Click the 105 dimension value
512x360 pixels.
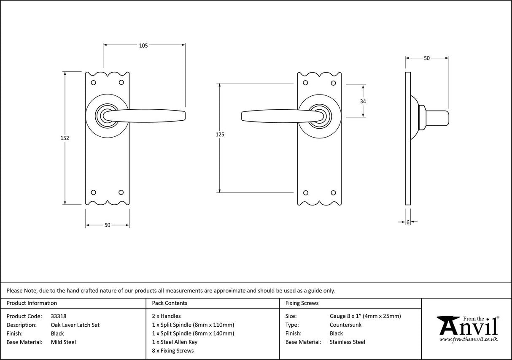[143, 46]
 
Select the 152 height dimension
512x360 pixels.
[65, 138]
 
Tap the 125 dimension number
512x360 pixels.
[219, 135]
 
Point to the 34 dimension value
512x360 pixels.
[363, 101]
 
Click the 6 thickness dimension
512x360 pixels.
[408, 222]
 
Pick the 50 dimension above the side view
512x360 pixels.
[426, 58]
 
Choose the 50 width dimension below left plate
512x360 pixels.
[107, 225]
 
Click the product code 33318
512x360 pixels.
[58, 316]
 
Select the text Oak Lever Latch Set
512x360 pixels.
[75, 325]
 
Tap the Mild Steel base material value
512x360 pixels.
[63, 342]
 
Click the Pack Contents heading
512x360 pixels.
[170, 303]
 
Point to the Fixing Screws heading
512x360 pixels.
[302, 303]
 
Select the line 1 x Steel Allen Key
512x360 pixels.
[175, 342]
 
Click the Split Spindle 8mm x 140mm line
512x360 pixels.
[193, 333]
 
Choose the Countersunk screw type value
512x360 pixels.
[345, 325]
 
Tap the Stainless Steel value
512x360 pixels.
[347, 342]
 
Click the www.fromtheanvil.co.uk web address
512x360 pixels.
[468, 339]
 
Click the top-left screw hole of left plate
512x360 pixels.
[94, 82]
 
